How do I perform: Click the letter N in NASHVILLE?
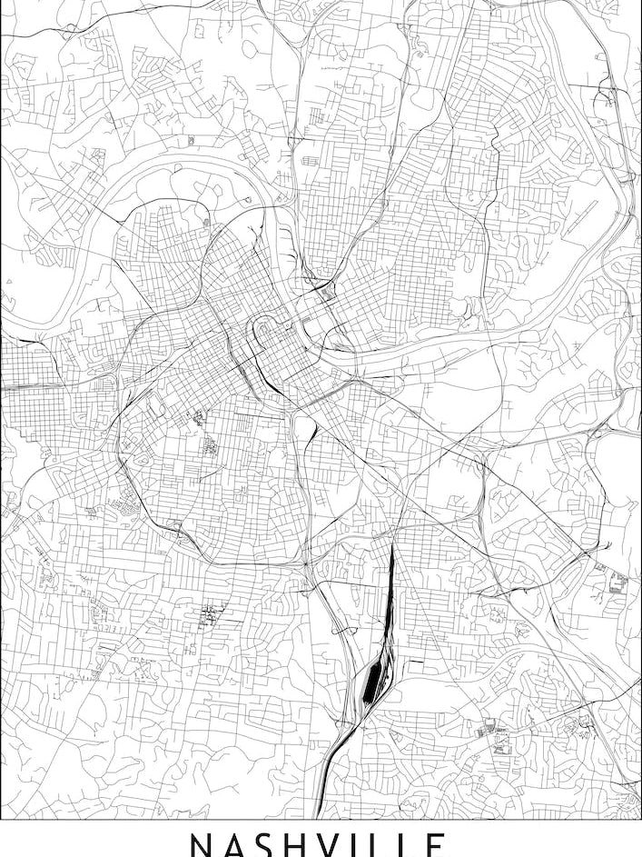tap(202, 845)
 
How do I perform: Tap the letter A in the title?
tap(237, 845)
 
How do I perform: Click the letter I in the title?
tap(365, 845)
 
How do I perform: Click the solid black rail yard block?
tap(371, 683)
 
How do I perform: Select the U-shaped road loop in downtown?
tap(264, 327)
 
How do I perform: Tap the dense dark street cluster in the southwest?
tap(212, 614)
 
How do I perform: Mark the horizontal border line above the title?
tap(321, 820)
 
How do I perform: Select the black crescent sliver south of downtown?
tap(311, 435)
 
